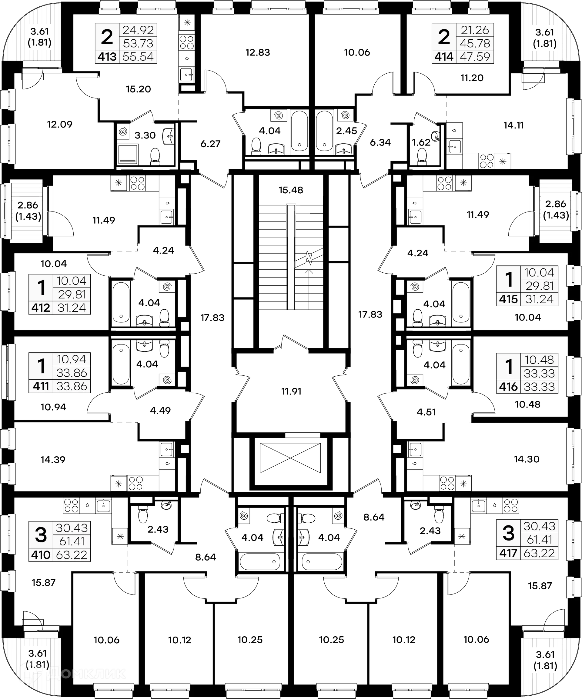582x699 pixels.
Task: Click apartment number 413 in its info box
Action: click(x=107, y=57)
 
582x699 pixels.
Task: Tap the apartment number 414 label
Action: click(x=444, y=57)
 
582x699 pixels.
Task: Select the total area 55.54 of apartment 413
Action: click(x=138, y=57)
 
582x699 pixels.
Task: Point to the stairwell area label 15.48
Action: click(x=291, y=190)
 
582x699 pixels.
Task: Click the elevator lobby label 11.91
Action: click(x=291, y=391)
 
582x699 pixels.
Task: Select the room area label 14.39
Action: click(x=53, y=460)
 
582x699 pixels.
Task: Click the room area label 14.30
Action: click(x=527, y=459)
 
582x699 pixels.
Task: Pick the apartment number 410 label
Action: click(x=41, y=555)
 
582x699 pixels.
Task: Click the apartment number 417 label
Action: click(x=508, y=553)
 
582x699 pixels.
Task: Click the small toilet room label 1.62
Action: click(x=421, y=142)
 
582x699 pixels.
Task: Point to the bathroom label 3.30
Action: click(x=145, y=135)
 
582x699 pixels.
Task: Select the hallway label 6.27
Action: click(x=211, y=144)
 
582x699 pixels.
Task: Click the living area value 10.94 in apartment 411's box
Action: click(x=72, y=359)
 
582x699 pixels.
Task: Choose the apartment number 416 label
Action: click(x=508, y=387)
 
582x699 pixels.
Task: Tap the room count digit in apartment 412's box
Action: click(x=41, y=288)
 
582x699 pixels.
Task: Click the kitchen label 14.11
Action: click(x=513, y=125)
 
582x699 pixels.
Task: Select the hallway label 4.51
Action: click(x=426, y=412)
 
